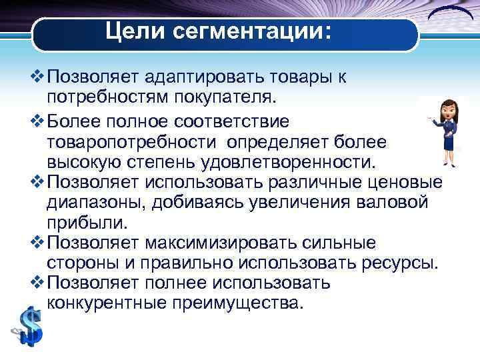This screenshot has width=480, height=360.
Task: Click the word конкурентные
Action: coord(113,303)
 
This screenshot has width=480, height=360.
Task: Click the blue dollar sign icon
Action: coord(29,326)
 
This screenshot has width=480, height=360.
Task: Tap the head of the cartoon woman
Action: coord(446,107)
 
